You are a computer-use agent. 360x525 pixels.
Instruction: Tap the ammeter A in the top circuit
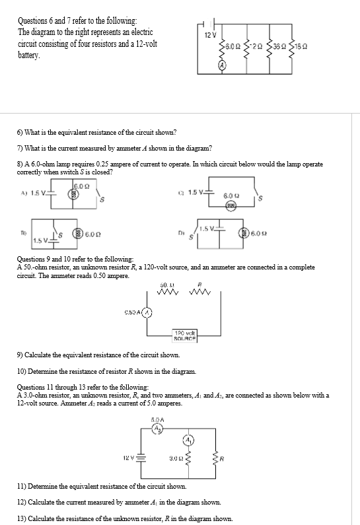(x=222, y=65)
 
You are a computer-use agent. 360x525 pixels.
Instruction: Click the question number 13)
(x=22, y=518)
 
